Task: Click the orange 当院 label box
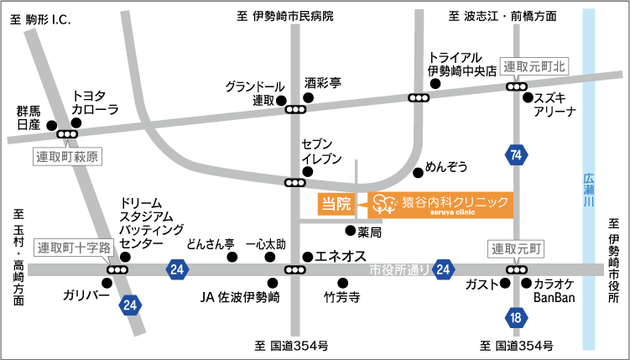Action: [336, 203]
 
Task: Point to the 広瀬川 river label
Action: [588, 191]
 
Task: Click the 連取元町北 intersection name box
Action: [535, 66]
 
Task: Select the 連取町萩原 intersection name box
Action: [67, 156]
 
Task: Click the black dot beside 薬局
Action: [350, 230]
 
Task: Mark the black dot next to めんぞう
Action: [418, 173]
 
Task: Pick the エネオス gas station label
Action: [339, 255]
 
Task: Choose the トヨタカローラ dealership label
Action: [95, 102]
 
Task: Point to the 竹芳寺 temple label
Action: [341, 296]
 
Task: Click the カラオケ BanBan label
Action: [555, 290]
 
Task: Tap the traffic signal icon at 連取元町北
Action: [516, 86]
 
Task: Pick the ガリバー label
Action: [85, 295]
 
